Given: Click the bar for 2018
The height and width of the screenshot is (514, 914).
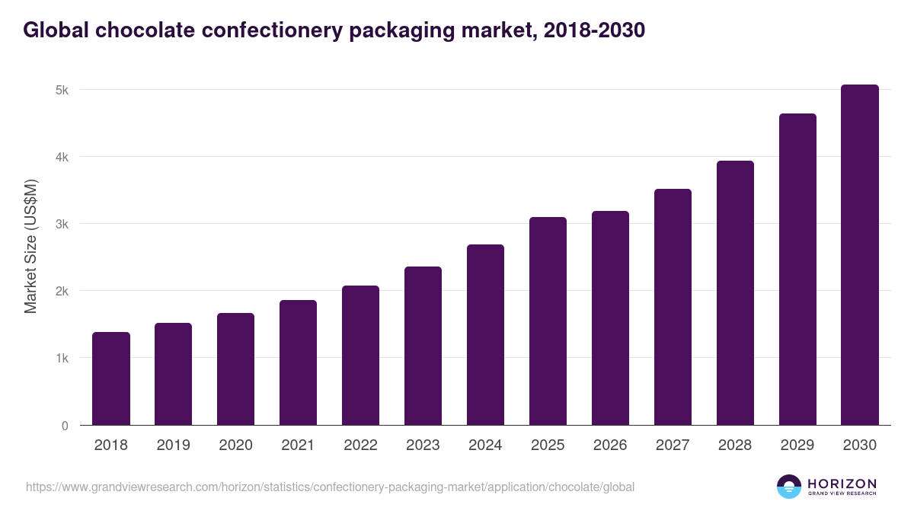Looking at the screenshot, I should pos(111,378).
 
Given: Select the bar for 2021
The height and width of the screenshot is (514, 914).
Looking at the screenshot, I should pos(298,362).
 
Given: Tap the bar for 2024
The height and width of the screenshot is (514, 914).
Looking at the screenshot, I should pos(485,335).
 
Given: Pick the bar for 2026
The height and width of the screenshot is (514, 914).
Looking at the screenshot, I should pos(610,318).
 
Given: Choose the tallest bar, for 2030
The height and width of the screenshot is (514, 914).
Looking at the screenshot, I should pos(860,255).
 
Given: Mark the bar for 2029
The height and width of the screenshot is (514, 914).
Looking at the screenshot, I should pos(797,270).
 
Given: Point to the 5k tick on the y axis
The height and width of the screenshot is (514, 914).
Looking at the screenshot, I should pos(62,90).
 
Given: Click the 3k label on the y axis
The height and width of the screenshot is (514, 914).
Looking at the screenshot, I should pos(62,225).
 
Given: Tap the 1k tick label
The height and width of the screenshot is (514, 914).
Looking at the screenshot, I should pos(62,359).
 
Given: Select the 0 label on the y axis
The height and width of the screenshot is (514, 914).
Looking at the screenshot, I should pos(65,426).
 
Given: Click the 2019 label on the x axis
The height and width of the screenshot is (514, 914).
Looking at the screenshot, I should pos(173,445).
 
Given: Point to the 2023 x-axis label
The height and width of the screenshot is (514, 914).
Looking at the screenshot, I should pos(423,445).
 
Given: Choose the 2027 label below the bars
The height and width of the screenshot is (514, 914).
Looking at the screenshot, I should pos(673,445).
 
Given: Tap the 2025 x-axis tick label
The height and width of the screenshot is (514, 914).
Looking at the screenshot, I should pos(548,445).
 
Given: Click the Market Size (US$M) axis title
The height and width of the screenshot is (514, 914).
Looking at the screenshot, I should pos(30,246).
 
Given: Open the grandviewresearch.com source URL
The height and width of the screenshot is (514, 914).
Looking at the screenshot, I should pos(330,487).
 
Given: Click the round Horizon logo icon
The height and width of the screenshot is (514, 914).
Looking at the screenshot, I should pos(788,487).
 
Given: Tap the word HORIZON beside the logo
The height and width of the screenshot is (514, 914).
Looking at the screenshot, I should pos(842,484).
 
